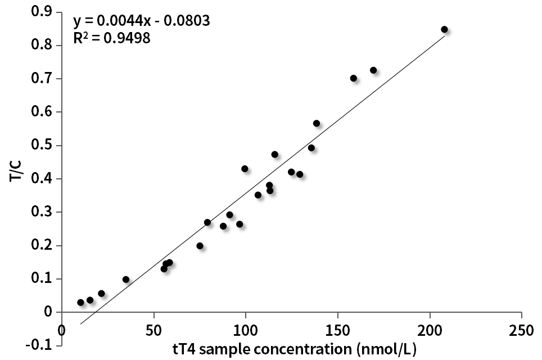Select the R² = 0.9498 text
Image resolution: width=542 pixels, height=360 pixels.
click(112, 39)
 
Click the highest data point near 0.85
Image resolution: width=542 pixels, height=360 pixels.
click(444, 29)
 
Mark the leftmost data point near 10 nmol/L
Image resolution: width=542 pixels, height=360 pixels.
click(80, 303)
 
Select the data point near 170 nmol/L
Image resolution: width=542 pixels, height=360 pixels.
click(373, 70)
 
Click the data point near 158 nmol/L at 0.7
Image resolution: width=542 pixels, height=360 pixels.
click(354, 78)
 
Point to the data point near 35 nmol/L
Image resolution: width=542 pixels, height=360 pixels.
click(126, 280)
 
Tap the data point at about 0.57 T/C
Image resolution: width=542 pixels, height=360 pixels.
click(317, 123)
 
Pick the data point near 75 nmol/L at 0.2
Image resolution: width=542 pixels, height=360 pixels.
click(200, 246)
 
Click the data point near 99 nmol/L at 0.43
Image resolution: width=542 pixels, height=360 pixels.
click(245, 169)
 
